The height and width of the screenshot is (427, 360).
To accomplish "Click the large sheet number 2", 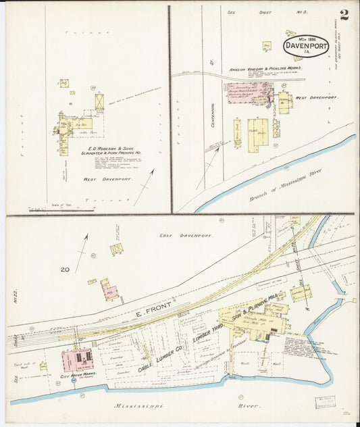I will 344,14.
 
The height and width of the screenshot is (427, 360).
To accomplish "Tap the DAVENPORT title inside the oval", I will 306,46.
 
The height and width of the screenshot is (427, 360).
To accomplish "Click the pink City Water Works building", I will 78,359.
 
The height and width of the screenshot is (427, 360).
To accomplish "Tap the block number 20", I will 65,269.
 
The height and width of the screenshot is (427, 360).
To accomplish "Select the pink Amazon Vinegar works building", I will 249,93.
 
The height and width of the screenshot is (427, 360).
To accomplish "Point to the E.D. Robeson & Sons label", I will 102,147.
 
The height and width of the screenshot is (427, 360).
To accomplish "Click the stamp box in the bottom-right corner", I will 324,403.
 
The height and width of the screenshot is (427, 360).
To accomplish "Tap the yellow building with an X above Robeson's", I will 100,101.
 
